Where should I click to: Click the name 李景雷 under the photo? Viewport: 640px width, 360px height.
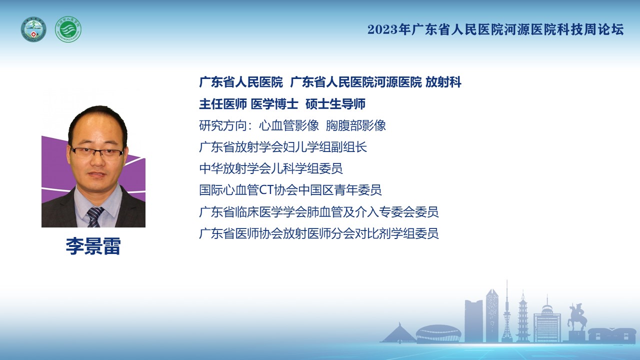click(x=93, y=246)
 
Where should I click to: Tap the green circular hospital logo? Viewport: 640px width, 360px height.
click(x=68, y=29)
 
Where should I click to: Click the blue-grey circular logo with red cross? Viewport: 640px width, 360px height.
click(x=33, y=29)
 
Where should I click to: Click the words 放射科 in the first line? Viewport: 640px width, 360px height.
click(x=443, y=82)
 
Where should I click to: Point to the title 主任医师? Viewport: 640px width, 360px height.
click(x=223, y=104)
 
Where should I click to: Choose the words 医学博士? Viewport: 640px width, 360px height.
click(x=274, y=104)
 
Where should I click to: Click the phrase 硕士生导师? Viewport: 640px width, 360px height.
click(x=335, y=104)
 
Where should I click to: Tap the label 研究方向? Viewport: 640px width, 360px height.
click(x=223, y=125)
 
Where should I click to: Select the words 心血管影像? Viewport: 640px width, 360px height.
click(x=289, y=125)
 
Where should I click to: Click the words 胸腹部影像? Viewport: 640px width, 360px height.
click(x=355, y=125)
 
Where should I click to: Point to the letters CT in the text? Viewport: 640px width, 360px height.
click(x=266, y=190)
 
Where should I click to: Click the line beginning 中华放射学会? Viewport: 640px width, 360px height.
click(x=271, y=168)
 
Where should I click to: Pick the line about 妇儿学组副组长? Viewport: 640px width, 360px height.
click(x=283, y=147)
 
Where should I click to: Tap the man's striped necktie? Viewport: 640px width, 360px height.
click(x=94, y=217)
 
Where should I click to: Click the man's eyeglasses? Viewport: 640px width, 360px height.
click(x=97, y=153)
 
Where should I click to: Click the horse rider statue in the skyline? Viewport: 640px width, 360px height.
click(x=576, y=317)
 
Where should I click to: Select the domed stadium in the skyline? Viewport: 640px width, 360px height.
click(x=438, y=333)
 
